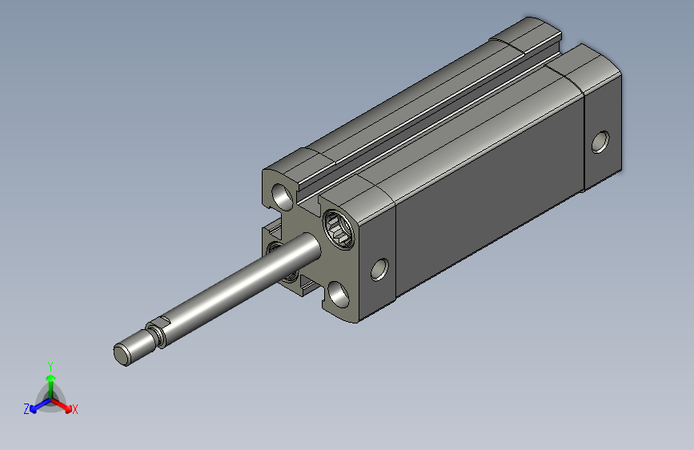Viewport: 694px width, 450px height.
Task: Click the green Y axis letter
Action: (50, 367)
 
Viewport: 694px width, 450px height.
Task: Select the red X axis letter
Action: (74, 409)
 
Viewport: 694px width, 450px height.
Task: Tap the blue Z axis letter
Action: (26, 409)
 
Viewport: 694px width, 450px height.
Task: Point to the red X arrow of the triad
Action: (62, 405)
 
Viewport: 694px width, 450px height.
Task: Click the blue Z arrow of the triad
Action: (41, 405)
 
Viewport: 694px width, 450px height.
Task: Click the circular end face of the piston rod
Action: (120, 356)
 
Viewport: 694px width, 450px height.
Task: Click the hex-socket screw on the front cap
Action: (339, 230)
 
